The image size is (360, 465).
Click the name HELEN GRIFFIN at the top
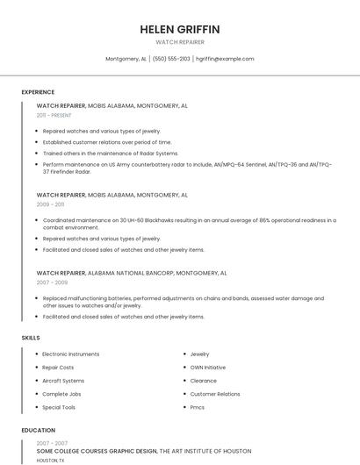click(180, 29)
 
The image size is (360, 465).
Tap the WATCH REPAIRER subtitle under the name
click(180, 42)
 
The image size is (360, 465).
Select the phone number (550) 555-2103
click(171, 59)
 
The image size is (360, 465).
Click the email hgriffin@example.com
click(225, 59)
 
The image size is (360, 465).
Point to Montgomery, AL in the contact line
click(126, 59)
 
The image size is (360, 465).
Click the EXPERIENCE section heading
click(38, 92)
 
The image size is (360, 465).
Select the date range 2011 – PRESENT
click(54, 115)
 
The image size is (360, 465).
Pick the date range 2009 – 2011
click(50, 204)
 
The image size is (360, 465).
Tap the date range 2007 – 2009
click(52, 283)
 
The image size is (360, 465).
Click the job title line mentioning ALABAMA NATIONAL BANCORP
click(132, 273)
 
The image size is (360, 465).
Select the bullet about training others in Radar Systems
click(111, 153)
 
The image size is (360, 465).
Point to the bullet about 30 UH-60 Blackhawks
click(189, 224)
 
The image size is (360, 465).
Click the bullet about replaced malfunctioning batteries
click(189, 302)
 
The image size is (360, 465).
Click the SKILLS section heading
click(31, 338)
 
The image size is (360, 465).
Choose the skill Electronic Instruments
click(71, 354)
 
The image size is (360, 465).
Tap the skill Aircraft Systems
click(63, 381)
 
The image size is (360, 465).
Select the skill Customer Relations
click(215, 394)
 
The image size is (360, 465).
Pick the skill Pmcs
click(198, 407)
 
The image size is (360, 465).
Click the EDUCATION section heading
click(38, 431)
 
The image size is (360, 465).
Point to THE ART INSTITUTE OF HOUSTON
click(205, 450)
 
